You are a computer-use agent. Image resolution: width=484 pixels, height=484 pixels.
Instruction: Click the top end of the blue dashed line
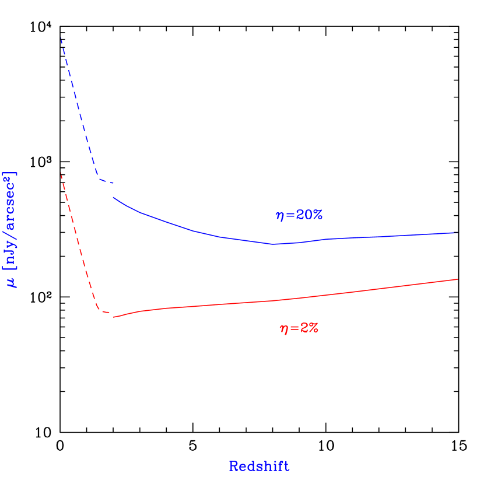click(61, 37)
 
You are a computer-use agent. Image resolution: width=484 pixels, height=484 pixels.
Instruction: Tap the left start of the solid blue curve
click(113, 198)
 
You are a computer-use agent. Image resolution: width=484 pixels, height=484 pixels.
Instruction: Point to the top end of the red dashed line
click(61, 173)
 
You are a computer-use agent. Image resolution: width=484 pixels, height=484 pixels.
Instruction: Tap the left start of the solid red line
click(114, 317)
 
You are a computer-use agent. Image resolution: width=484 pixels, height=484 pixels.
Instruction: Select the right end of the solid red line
click(457, 279)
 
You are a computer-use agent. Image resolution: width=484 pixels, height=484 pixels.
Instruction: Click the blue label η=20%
click(299, 215)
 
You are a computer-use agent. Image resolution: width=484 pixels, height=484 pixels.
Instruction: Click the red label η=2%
click(299, 328)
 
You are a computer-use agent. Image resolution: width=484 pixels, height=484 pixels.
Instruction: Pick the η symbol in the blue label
click(280, 216)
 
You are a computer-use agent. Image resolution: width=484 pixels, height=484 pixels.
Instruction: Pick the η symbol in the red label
click(284, 329)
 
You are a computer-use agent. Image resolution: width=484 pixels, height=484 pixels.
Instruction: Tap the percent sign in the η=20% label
click(317, 215)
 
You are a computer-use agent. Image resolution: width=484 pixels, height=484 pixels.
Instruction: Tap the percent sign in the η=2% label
click(313, 328)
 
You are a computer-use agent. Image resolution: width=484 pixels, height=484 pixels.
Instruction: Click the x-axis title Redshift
click(259, 467)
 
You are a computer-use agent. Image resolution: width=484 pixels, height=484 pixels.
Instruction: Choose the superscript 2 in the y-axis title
click(7, 181)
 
